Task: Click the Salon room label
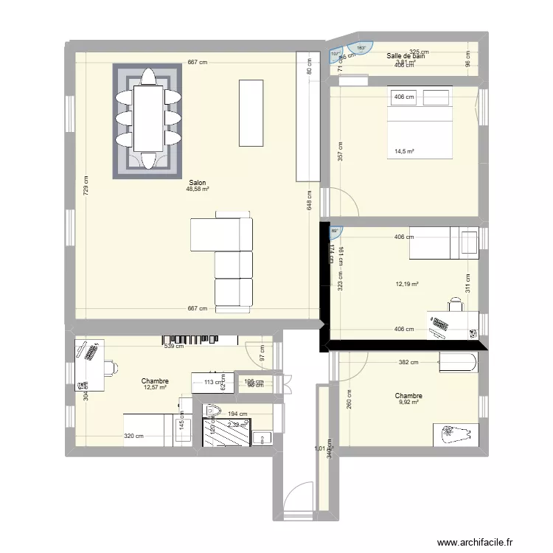pyautogui.click(x=198, y=182)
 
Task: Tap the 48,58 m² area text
pyautogui.click(x=198, y=189)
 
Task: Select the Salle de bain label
pyautogui.click(x=406, y=55)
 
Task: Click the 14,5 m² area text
pyautogui.click(x=404, y=152)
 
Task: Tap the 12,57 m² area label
pyautogui.click(x=156, y=388)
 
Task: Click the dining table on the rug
pyautogui.click(x=147, y=118)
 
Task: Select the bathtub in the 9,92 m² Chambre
pyautogui.click(x=457, y=361)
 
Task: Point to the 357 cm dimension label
pyautogui.click(x=339, y=151)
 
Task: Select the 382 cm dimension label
pyautogui.click(x=408, y=362)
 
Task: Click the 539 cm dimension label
pyautogui.click(x=174, y=346)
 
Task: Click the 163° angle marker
pyautogui.click(x=361, y=48)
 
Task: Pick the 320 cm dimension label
pyautogui.click(x=134, y=436)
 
